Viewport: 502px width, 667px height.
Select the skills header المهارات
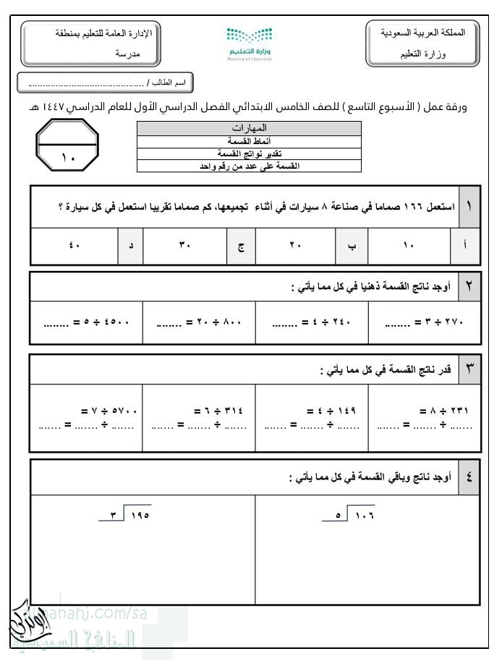[x=249, y=128]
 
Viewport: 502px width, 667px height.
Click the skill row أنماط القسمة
[x=249, y=142]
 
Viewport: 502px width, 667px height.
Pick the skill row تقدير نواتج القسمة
[x=249, y=154]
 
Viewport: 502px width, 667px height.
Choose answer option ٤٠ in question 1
[x=74, y=246]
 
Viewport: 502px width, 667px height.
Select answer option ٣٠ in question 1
[x=184, y=246]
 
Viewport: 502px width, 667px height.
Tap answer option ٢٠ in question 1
[x=294, y=246]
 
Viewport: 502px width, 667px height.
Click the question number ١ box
[x=469, y=206]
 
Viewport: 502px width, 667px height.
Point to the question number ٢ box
[x=469, y=288]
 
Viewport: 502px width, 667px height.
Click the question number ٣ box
[x=469, y=371]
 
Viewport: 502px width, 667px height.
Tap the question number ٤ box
[x=469, y=477]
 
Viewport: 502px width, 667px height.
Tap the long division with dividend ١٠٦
[x=354, y=516]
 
